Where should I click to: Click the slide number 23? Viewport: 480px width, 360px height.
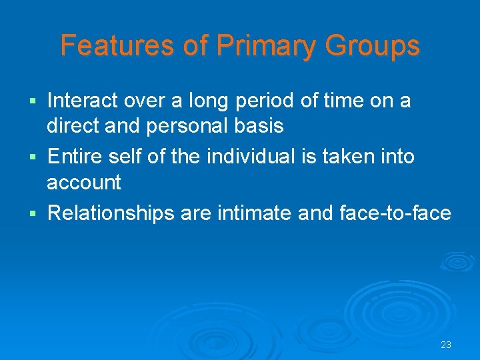point(446,345)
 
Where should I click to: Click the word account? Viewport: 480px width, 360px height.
point(84,182)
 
